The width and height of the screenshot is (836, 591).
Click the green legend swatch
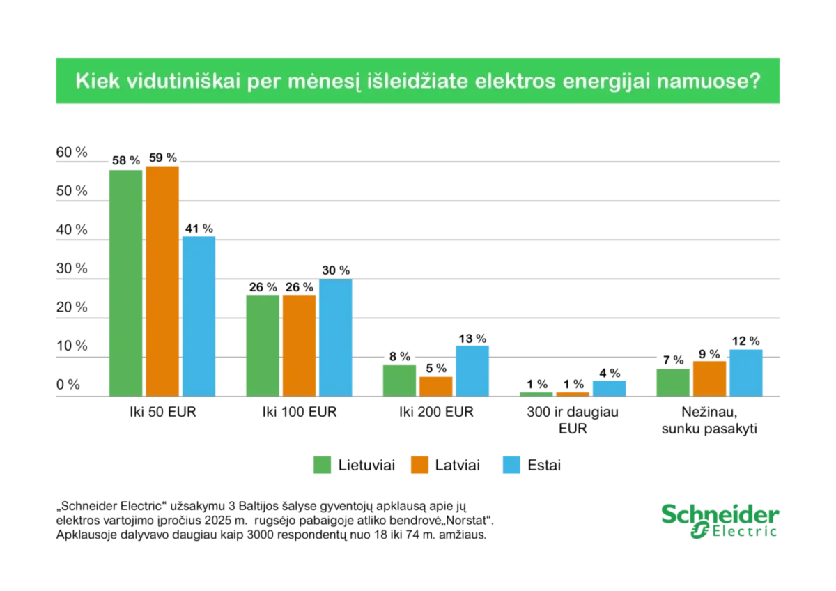[323, 465]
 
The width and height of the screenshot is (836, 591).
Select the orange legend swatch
[420, 465]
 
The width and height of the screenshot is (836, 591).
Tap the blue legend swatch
[512, 465]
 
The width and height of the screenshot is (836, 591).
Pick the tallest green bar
[125, 282]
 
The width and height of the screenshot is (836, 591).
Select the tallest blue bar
[200, 316]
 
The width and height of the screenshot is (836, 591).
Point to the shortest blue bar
[610, 388]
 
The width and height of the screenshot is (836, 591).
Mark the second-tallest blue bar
[336, 338]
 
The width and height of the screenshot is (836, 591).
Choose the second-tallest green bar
[263, 345]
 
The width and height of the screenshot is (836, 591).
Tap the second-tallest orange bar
[299, 345]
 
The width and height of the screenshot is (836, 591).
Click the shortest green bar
[536, 394]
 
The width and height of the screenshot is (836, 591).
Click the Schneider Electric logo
[719, 521]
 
